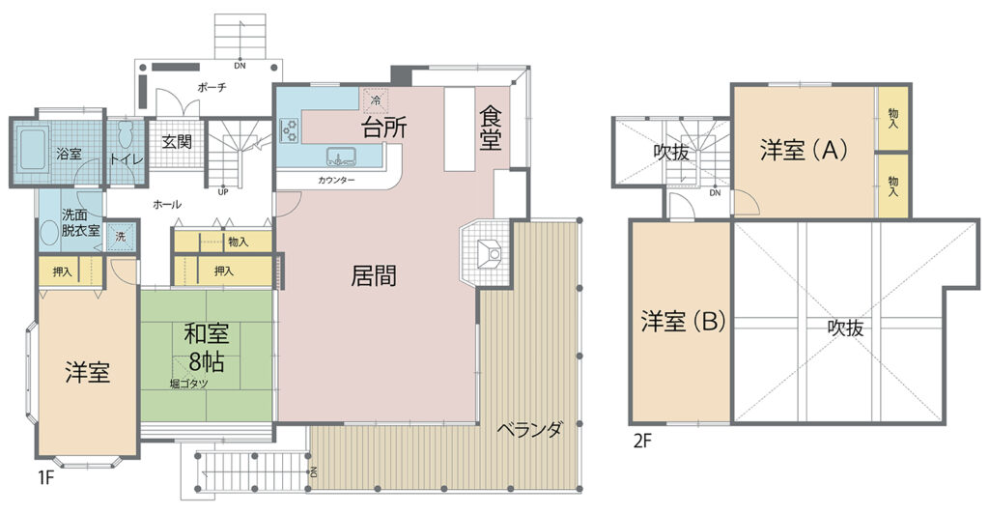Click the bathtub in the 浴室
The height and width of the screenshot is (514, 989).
coord(33,148)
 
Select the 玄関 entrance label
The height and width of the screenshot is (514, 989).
coord(177,141)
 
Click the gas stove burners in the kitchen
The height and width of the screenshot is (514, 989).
coord(290,129)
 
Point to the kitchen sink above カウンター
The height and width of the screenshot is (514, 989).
coord(342,157)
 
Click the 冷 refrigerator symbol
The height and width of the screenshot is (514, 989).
coord(376,100)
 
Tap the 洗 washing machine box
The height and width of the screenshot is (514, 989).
coord(121,237)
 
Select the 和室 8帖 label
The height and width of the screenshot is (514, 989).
coord(207,348)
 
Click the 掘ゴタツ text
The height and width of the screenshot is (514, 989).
coord(188,384)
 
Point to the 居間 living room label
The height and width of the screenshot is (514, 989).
coord(374,276)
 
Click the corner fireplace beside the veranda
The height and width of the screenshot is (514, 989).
coord(487,252)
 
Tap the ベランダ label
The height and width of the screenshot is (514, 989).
coord(530,430)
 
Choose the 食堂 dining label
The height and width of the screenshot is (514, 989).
coord(490,128)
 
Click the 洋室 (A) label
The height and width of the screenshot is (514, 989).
coord(803,150)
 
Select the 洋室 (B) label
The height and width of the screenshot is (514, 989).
coord(683,322)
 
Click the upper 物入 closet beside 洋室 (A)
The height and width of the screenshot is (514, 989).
coord(893,118)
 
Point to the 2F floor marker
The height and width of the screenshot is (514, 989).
coord(642,441)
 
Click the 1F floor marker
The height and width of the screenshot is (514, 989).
coord(46,477)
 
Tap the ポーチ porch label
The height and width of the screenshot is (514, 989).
coord(212,88)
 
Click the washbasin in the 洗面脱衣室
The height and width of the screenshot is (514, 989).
coord(49,234)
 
